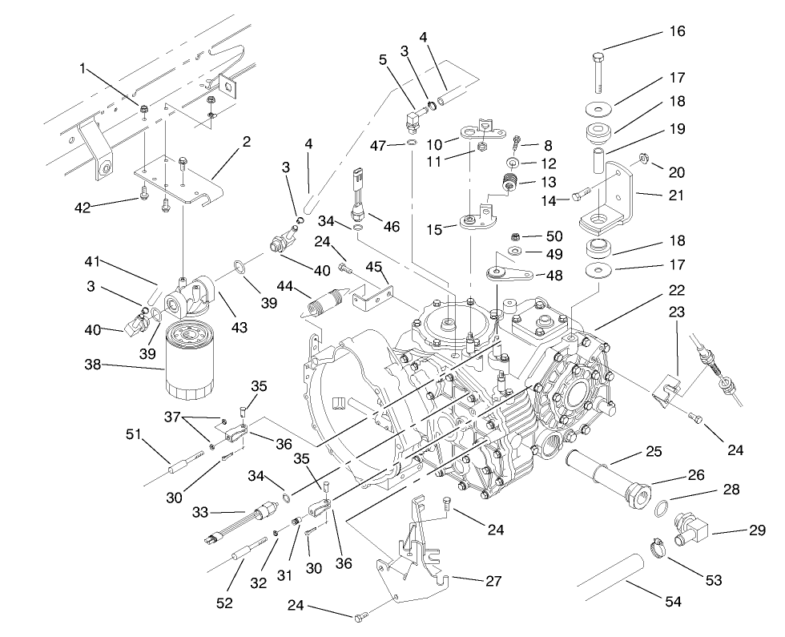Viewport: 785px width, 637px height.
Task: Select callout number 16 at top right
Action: coord(677,32)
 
